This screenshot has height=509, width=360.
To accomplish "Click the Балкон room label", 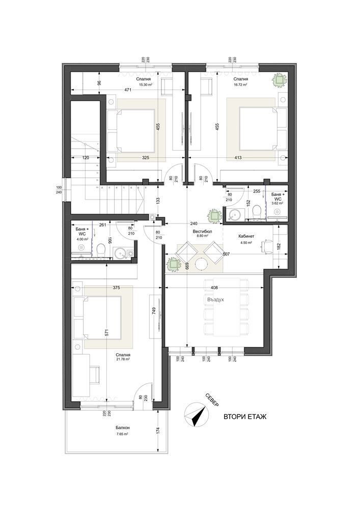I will point(122,429).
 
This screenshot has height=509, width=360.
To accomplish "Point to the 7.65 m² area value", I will point(122,434).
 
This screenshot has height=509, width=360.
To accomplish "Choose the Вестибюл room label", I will point(202,231).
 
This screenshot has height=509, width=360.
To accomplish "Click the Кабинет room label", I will point(246,237).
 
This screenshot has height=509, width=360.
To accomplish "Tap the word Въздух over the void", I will point(216,300).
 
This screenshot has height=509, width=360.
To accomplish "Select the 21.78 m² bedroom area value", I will point(123,359).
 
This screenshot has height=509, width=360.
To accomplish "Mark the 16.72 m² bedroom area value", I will point(241,86).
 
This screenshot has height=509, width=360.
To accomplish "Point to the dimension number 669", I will point(187,265).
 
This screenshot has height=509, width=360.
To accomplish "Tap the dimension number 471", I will point(129,91).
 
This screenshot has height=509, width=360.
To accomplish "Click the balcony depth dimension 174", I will point(158,430).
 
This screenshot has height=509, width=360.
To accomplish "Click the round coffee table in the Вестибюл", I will point(202,265).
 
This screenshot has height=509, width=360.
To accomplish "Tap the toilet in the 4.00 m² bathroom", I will point(101,250).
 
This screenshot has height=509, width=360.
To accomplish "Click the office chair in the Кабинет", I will point(265,246).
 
